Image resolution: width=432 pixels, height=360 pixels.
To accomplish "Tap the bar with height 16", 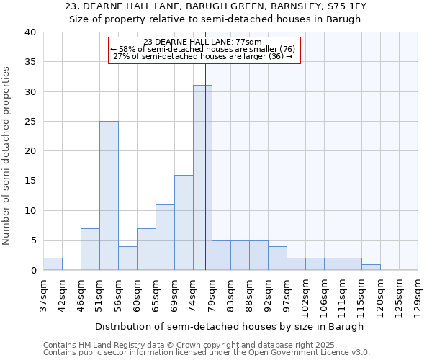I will [x=184, y=222].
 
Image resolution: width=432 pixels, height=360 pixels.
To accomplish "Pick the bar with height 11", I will [x=165, y=238].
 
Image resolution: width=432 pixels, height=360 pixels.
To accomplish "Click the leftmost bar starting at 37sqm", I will [x=53, y=264].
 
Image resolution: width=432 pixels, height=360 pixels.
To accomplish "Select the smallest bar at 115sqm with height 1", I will [x=371, y=267].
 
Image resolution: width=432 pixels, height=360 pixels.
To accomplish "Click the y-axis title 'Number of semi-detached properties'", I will [x=7, y=156].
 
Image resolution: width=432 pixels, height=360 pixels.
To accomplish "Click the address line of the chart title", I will [x=215, y=6].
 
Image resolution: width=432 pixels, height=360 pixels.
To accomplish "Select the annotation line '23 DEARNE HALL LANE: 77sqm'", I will [x=203, y=42].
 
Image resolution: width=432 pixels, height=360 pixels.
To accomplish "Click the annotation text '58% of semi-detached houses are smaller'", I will [x=203, y=49].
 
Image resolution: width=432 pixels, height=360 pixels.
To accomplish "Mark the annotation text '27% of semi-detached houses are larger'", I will [x=203, y=56].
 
